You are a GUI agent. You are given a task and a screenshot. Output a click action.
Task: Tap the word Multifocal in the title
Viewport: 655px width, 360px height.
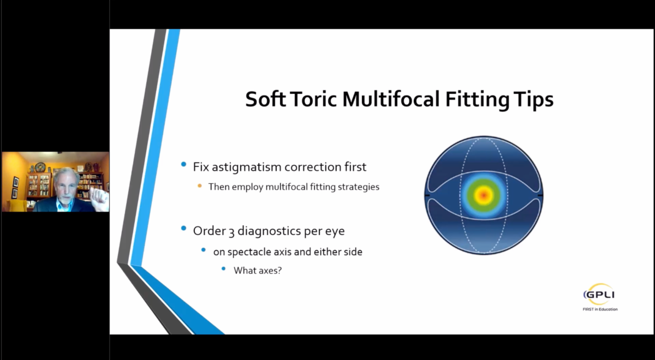point(391,99)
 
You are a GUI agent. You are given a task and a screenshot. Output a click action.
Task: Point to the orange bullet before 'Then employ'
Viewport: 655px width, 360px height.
point(200,186)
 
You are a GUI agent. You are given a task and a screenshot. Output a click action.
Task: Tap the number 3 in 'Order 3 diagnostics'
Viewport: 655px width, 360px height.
point(231,232)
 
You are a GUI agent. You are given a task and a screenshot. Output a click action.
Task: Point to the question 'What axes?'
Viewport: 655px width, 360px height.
point(258,271)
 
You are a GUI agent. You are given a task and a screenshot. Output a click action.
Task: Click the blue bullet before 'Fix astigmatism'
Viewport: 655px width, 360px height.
point(183,164)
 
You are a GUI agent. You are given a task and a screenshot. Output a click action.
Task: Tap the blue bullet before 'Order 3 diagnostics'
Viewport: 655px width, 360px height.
point(183,228)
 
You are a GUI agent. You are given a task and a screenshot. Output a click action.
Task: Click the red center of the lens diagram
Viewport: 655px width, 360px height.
point(484,195)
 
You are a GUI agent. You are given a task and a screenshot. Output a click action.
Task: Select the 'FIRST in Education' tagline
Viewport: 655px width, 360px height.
point(600,309)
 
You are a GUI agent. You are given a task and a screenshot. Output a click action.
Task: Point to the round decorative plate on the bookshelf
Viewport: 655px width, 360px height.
point(40,168)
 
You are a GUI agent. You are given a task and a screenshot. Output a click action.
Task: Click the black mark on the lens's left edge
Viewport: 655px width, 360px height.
point(427,195)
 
